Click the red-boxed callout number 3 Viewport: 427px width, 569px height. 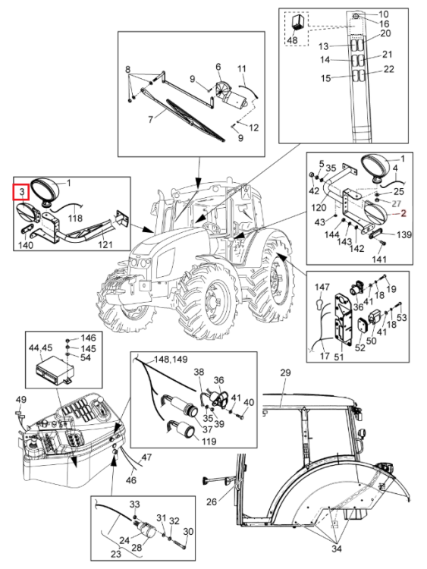pyautogui.click(x=22, y=192)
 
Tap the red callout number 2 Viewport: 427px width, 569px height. pyautogui.click(x=403, y=213)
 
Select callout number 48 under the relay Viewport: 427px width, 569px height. pyautogui.click(x=292, y=40)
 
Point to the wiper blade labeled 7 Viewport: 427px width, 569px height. pyautogui.click(x=195, y=120)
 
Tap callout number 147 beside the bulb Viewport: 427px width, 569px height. pyautogui.click(x=322, y=287)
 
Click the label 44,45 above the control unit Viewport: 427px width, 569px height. pyautogui.click(x=41, y=348)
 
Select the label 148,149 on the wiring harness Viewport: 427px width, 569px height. pyautogui.click(x=171, y=360)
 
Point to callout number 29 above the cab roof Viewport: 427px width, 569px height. pyautogui.click(x=285, y=373)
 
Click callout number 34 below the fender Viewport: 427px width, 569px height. pyautogui.click(x=337, y=559)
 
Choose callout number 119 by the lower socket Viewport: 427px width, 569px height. pyautogui.click(x=209, y=442)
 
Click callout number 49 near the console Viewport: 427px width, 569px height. pyautogui.click(x=21, y=400)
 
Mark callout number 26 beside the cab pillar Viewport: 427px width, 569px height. pyautogui.click(x=212, y=502)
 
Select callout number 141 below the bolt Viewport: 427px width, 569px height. pyautogui.click(x=378, y=259)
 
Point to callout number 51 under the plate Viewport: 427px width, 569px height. pyautogui.click(x=338, y=357)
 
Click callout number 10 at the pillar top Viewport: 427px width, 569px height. pyautogui.click(x=384, y=14)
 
